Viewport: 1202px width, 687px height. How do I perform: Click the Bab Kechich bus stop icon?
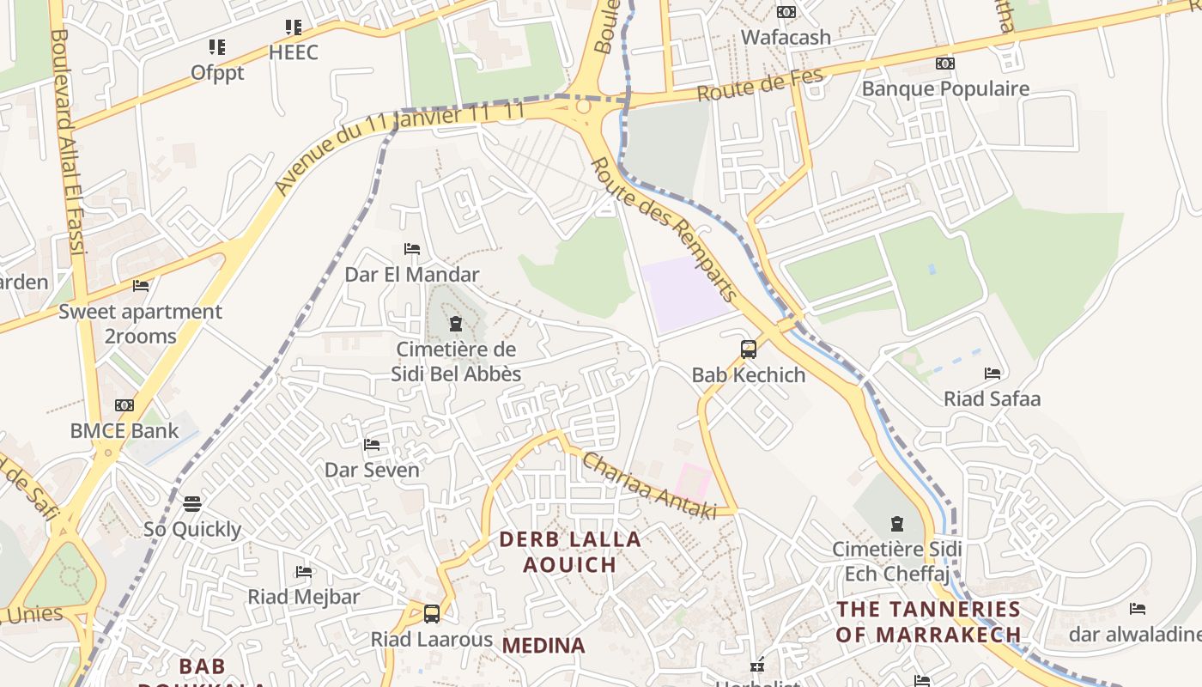(749, 350)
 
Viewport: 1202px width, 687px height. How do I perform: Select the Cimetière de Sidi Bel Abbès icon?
(455, 324)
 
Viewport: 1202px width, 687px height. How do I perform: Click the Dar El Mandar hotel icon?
(412, 249)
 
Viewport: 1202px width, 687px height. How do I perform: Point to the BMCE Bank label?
(125, 430)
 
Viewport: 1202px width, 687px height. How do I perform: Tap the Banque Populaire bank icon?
(945, 64)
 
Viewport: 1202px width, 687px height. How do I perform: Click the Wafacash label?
(786, 37)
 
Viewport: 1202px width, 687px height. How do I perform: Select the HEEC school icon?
(294, 27)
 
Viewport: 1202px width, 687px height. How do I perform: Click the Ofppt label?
(217, 72)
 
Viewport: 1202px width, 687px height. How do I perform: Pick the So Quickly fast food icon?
(192, 503)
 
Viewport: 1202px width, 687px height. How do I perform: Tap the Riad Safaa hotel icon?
(993, 374)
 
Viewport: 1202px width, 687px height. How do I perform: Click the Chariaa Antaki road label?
(649, 486)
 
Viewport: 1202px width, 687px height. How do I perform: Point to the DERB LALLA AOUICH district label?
(570, 551)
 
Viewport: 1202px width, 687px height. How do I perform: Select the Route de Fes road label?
(760, 85)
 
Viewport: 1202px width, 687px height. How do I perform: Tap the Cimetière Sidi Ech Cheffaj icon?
(897, 523)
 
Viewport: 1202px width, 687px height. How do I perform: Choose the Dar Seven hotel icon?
(372, 445)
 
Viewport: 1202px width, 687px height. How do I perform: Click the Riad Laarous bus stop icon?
(432, 614)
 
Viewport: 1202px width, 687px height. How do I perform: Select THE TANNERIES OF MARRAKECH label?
(929, 622)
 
